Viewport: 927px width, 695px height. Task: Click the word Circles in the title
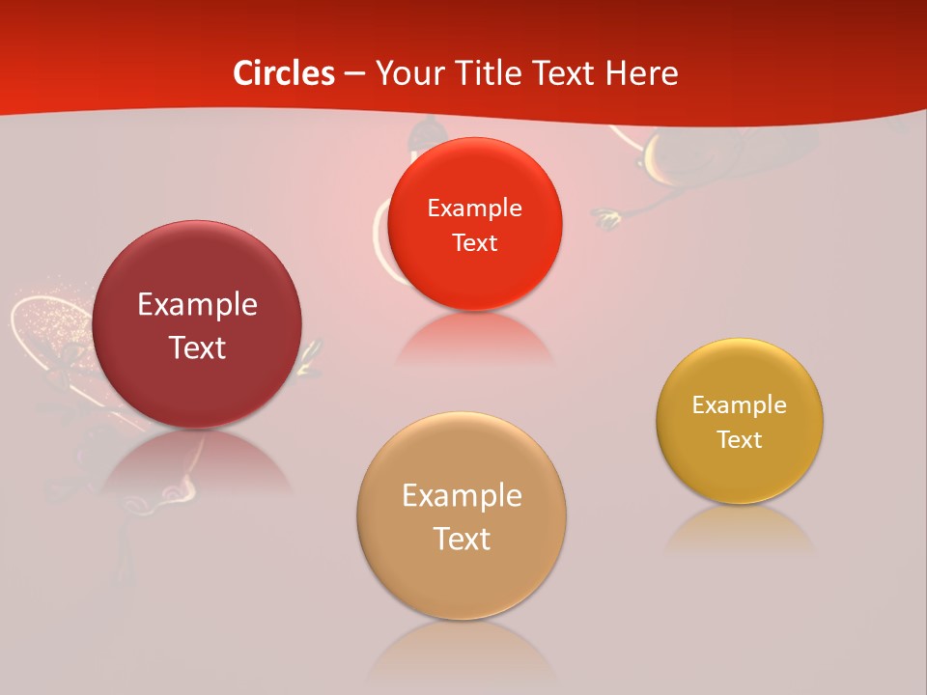pos(284,73)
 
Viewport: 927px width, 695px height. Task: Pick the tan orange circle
pos(462,579)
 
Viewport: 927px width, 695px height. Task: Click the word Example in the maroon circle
pos(197,305)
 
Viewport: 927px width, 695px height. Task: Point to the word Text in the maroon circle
pos(197,347)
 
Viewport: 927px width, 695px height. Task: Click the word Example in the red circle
pos(475,208)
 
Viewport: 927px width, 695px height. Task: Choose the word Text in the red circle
pos(475,242)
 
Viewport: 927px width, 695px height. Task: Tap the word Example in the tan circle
pos(462,496)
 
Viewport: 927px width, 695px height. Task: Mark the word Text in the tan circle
pos(462,539)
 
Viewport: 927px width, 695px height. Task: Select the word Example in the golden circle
pos(740,405)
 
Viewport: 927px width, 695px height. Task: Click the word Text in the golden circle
pos(740,439)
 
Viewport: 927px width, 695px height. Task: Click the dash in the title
pos(354,73)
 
